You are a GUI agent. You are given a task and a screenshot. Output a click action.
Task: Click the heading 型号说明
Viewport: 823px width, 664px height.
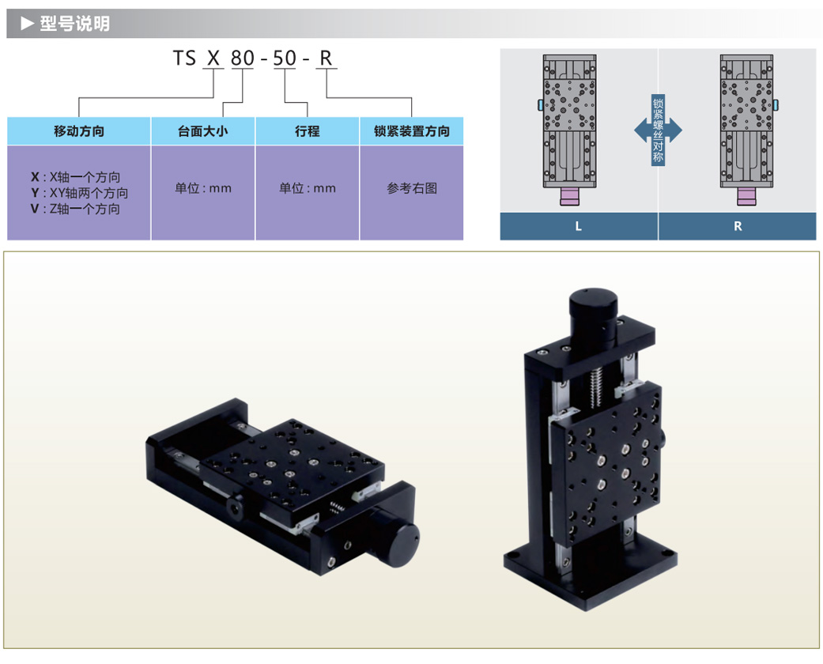(75, 24)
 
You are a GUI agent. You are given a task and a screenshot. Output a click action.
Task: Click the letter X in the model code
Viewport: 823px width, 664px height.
(212, 58)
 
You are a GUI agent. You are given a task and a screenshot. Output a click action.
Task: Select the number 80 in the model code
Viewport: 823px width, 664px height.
(242, 58)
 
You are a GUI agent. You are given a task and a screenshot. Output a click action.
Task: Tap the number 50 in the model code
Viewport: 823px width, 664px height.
(285, 58)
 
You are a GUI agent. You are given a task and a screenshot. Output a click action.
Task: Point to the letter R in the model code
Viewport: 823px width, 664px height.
(326, 58)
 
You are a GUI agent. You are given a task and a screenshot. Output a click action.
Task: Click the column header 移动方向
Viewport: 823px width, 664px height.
(79, 131)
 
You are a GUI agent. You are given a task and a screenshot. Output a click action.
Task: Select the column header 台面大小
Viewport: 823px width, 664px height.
(203, 131)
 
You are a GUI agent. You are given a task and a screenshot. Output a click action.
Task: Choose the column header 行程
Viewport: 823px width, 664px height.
(308, 131)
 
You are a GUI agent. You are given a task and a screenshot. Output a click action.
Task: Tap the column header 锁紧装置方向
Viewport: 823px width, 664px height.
(411, 131)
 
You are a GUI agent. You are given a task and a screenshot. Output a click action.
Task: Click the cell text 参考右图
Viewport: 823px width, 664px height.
(411, 188)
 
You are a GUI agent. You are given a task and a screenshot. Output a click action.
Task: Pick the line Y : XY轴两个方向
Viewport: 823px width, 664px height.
(79, 193)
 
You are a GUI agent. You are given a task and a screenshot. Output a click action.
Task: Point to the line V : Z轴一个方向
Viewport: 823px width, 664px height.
(75, 209)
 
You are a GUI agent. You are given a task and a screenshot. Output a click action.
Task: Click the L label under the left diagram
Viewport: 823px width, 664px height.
(579, 226)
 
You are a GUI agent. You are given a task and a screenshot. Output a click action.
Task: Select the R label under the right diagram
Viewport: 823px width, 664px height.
(738, 226)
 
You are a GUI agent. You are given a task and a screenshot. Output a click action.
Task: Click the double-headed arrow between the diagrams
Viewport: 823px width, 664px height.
(658, 130)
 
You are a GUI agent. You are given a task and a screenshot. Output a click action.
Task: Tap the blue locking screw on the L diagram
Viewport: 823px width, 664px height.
(540, 105)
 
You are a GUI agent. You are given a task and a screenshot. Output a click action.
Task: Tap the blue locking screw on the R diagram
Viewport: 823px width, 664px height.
(776, 105)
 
